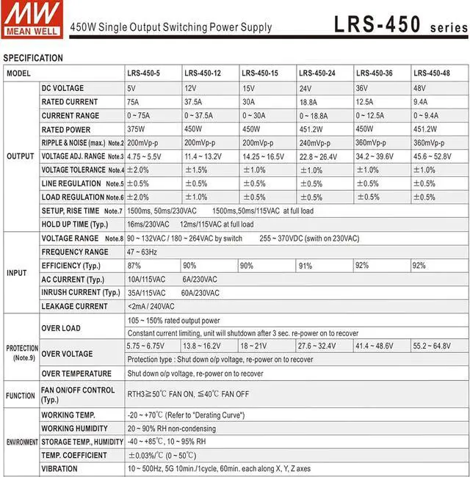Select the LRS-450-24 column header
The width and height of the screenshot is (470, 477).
point(317,73)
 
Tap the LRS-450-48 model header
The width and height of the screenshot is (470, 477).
point(432,73)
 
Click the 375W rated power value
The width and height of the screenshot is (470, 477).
point(137,129)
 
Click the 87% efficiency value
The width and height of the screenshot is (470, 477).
point(134,265)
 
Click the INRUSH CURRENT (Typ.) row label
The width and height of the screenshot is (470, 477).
point(81,293)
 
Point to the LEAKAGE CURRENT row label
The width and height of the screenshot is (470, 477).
point(75,307)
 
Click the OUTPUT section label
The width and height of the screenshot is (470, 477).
point(20,156)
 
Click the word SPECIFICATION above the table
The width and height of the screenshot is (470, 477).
point(34,58)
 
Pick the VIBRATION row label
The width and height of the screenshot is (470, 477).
point(59,469)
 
